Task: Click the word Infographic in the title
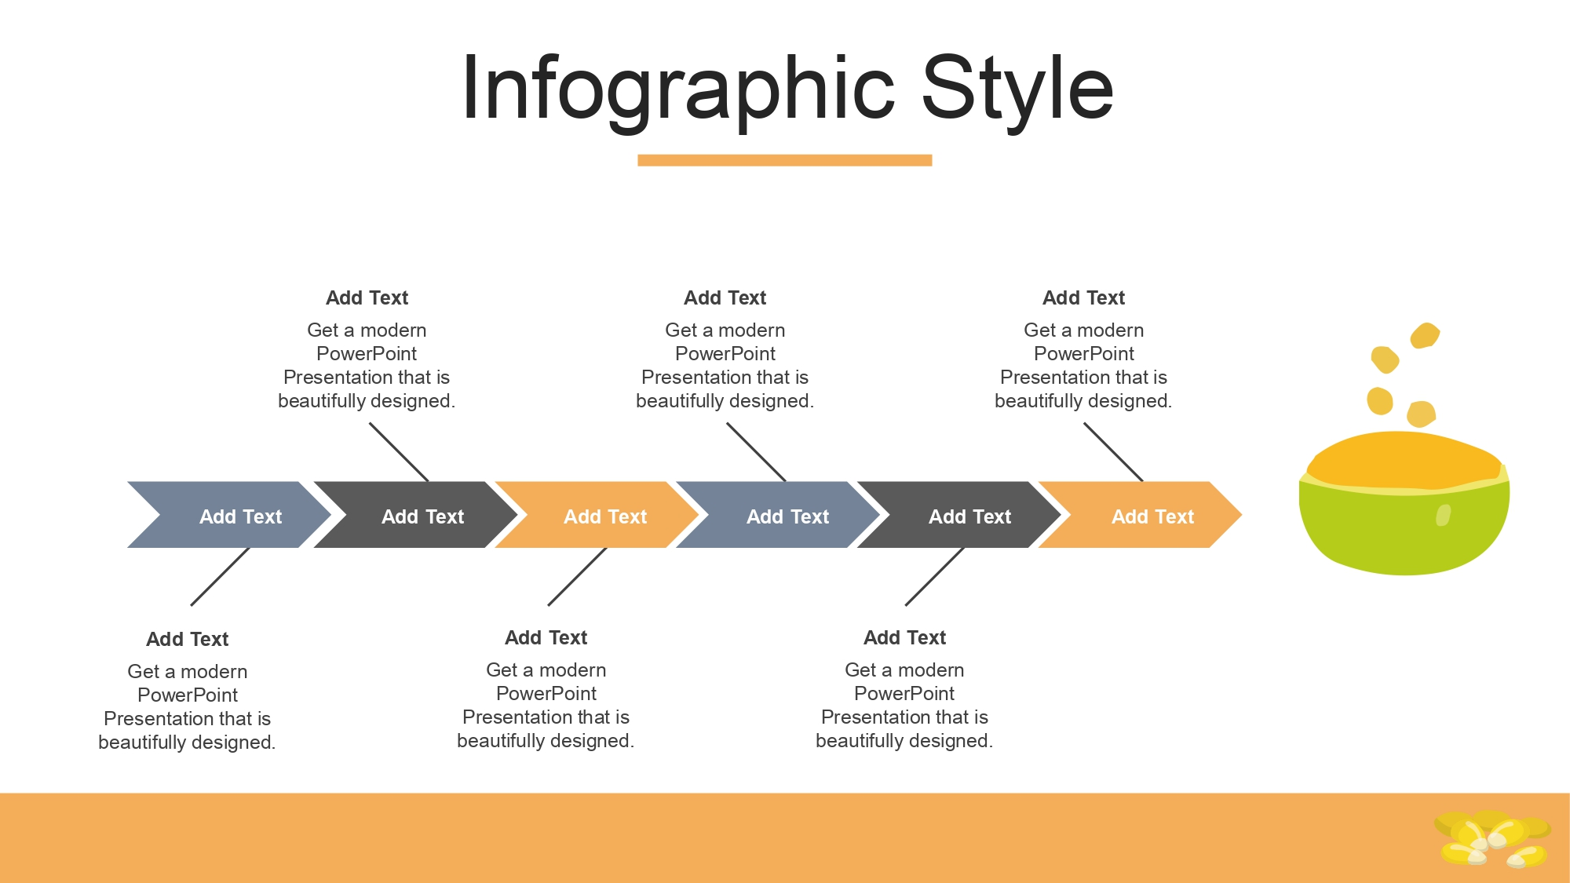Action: [678, 89]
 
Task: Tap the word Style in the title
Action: [1017, 89]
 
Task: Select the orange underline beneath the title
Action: [784, 160]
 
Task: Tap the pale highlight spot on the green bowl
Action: [1443, 515]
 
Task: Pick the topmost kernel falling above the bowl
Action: [1425, 335]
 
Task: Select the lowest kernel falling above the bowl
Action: [1422, 413]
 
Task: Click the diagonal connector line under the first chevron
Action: [220, 577]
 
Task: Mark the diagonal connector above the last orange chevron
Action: [1113, 452]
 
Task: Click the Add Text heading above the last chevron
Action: [1083, 298]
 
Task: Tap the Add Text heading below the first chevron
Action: [187, 640]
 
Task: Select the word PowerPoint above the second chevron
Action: [367, 354]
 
